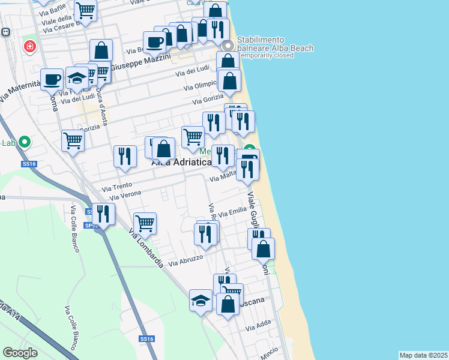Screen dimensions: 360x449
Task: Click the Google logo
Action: [20, 353]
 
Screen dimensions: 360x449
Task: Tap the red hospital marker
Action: [29, 46]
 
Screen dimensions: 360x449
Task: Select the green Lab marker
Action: [24, 143]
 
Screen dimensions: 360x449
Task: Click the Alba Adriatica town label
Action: [181, 162]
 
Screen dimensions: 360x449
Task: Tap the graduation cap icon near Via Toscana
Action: [200, 299]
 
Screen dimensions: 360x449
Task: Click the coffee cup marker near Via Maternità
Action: [52, 79]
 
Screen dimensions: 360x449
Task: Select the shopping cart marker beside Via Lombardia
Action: [145, 223]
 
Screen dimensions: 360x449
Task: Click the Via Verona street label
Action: [126, 194]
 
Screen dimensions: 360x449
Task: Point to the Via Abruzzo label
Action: [185, 260]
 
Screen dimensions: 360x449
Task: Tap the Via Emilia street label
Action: [232, 213]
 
